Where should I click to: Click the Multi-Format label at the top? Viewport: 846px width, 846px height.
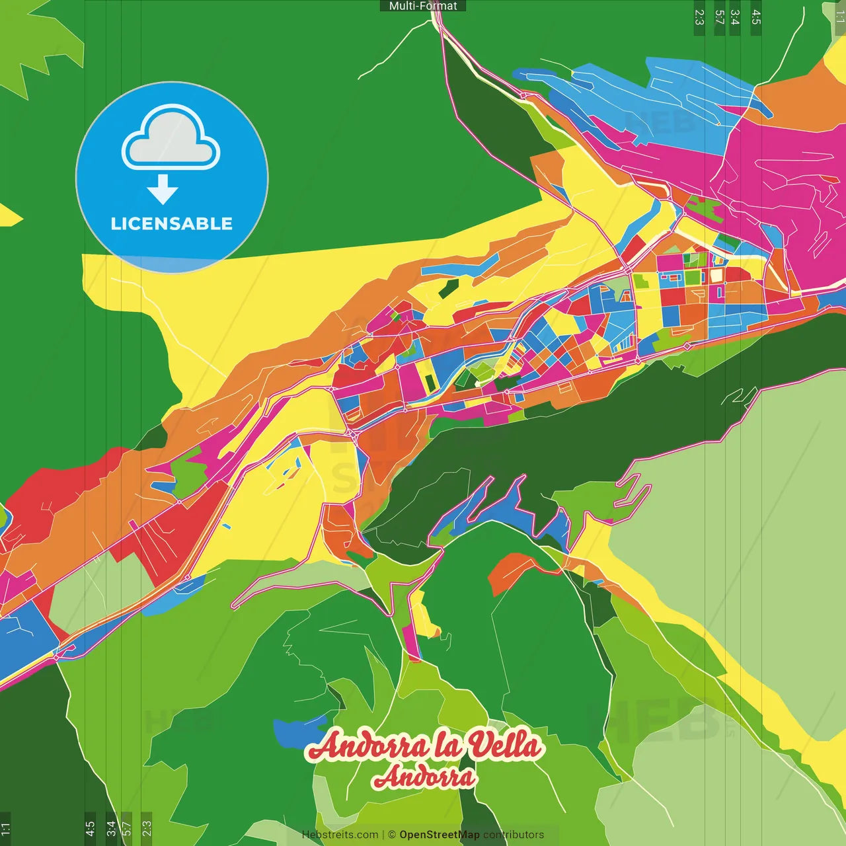423,6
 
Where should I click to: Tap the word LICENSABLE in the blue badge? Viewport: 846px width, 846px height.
171,223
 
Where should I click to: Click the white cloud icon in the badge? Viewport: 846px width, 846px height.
171,138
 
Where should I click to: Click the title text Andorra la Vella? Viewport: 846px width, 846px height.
425,746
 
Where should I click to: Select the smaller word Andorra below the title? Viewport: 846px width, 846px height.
424,777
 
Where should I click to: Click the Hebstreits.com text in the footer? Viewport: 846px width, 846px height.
340,835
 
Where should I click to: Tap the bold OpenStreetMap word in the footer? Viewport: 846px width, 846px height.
439,835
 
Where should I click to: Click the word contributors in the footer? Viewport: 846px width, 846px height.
514,835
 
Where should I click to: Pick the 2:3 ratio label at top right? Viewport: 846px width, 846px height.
699,17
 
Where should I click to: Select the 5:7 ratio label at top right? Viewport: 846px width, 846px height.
719,17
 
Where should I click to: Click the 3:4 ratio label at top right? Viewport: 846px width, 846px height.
735,17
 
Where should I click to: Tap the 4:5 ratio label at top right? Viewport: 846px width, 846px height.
756,17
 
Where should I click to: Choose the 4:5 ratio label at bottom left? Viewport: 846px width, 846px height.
90,829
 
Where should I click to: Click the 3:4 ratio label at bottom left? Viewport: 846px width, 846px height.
111,829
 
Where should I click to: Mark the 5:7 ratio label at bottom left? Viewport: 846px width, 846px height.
127,829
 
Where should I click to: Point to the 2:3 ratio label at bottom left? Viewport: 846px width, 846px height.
147,829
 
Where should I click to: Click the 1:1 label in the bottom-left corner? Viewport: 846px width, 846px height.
5,829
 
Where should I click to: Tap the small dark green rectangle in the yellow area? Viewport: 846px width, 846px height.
448,287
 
